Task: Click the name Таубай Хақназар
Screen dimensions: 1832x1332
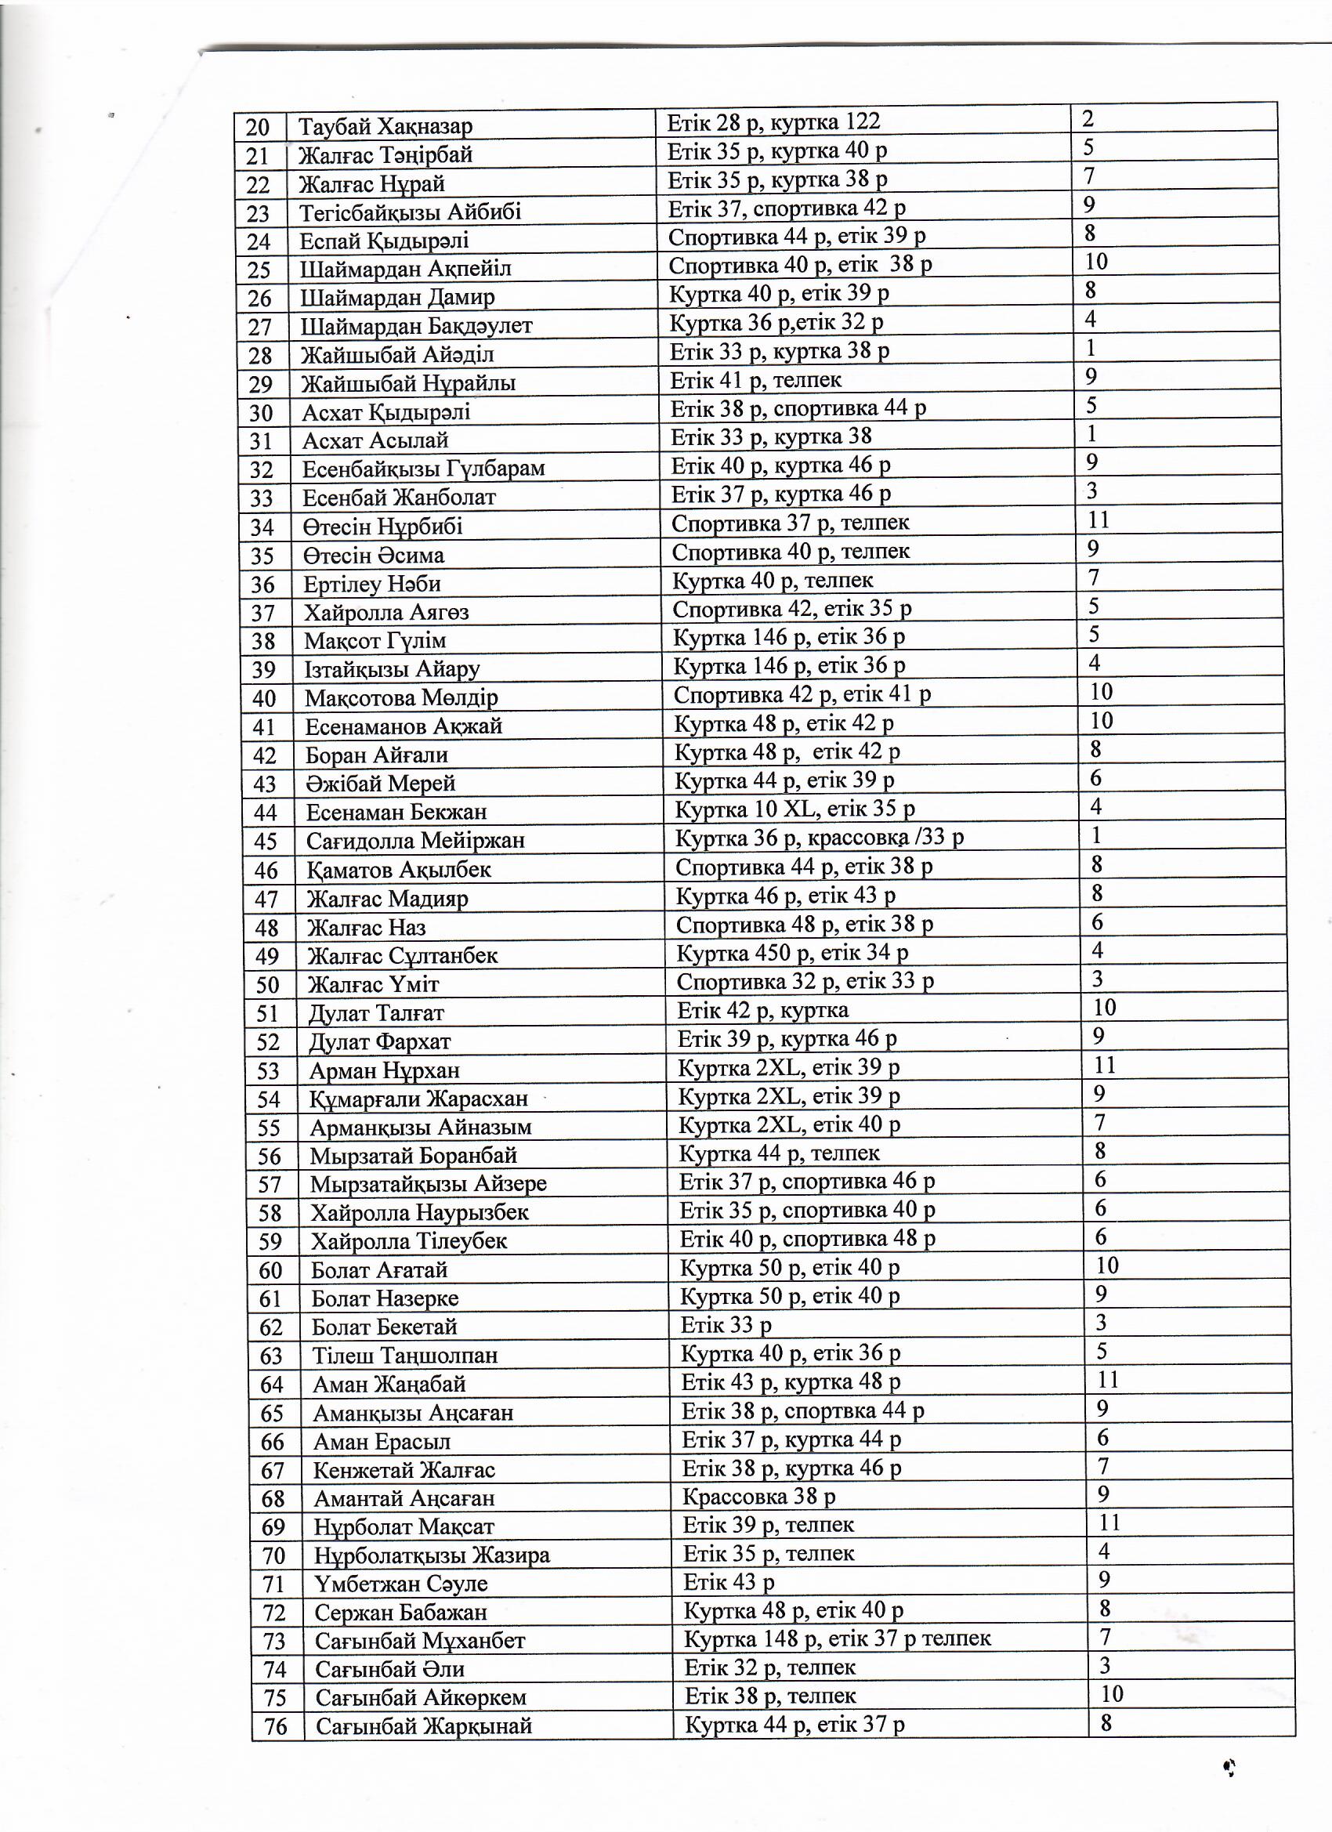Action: (x=385, y=126)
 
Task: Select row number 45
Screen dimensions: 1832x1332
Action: (x=266, y=842)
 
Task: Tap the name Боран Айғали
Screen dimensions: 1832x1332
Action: (x=376, y=755)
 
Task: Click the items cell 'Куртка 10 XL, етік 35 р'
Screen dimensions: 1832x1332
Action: (x=794, y=809)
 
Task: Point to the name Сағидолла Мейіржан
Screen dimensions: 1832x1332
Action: (x=415, y=841)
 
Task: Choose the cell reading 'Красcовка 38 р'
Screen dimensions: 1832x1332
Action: (x=758, y=1497)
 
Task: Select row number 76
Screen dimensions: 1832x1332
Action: (x=276, y=1727)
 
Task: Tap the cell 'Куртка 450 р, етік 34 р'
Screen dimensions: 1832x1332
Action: (x=791, y=952)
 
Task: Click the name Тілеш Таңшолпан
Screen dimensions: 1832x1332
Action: (x=404, y=1355)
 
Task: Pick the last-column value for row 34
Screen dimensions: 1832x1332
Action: (x=1099, y=520)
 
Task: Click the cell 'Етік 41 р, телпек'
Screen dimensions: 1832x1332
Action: (x=755, y=380)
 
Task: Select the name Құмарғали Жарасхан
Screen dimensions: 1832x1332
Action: (x=418, y=1099)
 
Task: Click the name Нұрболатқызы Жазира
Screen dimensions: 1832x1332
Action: (x=433, y=1555)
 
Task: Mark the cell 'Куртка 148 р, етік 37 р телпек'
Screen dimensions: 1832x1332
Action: (x=837, y=1638)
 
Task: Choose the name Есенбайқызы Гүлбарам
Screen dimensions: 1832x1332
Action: (x=423, y=469)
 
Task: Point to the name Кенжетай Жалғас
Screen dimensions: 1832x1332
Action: (x=404, y=1469)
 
